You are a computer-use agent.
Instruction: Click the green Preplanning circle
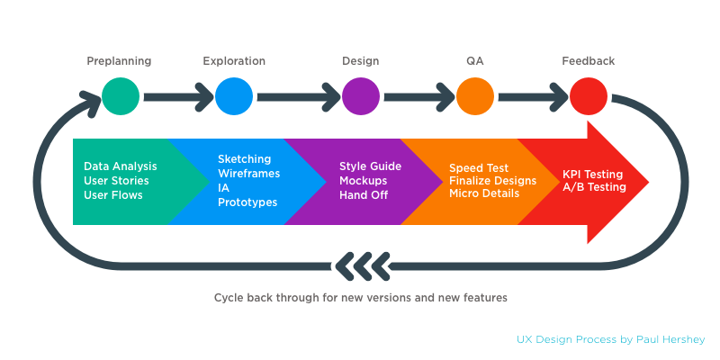coord(121,95)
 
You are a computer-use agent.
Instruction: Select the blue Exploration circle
coord(234,95)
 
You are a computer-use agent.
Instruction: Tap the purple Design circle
coord(361,95)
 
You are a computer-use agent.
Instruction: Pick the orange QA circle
coord(475,95)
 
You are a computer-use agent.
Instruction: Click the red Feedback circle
coord(589,95)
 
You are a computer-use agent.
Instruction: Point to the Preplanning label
coord(119,61)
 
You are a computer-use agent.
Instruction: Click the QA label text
coord(475,61)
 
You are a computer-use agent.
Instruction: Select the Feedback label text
coord(589,61)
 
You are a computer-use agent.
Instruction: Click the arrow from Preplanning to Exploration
coord(177,95)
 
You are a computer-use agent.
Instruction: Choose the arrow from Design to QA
coord(418,95)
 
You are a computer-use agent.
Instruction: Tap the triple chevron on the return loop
coord(362,265)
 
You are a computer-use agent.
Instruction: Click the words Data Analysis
coord(121,166)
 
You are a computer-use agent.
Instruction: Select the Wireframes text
coord(248,174)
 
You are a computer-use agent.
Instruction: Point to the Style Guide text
coord(370,166)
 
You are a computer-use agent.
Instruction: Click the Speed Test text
coord(479,168)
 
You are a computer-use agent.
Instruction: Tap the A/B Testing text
coord(594,187)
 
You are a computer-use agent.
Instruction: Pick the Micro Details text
coord(484,193)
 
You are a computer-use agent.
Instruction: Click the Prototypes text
coord(247,202)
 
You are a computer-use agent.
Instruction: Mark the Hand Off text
coord(362,193)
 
